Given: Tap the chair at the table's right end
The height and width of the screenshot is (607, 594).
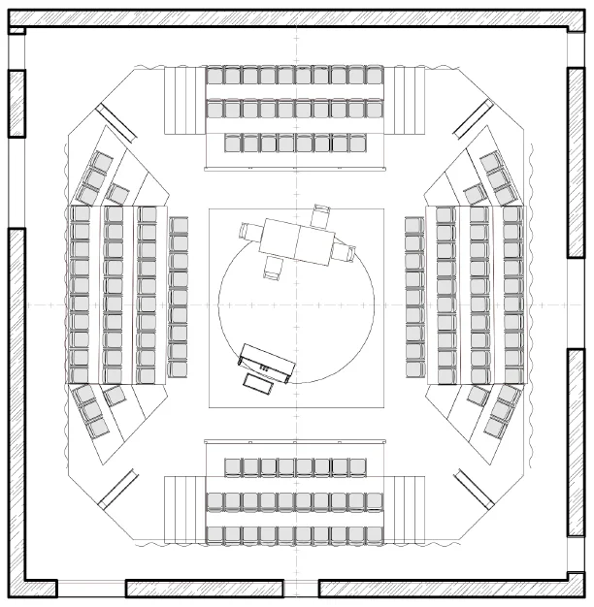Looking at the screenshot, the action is coord(346,254).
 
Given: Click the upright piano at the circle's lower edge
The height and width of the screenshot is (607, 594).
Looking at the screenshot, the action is coord(267,360).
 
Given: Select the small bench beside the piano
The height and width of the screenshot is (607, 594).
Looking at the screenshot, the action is coord(259,383).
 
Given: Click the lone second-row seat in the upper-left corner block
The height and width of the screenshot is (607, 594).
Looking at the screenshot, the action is coord(117,192).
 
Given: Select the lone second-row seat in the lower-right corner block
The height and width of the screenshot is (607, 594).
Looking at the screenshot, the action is coord(477,394).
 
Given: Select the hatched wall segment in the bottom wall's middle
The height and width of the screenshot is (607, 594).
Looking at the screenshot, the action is coord(205,588).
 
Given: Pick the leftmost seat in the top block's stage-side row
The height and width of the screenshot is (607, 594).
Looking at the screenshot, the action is coord(233,144).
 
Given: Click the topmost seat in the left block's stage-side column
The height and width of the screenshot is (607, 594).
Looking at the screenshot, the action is coord(179,226).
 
